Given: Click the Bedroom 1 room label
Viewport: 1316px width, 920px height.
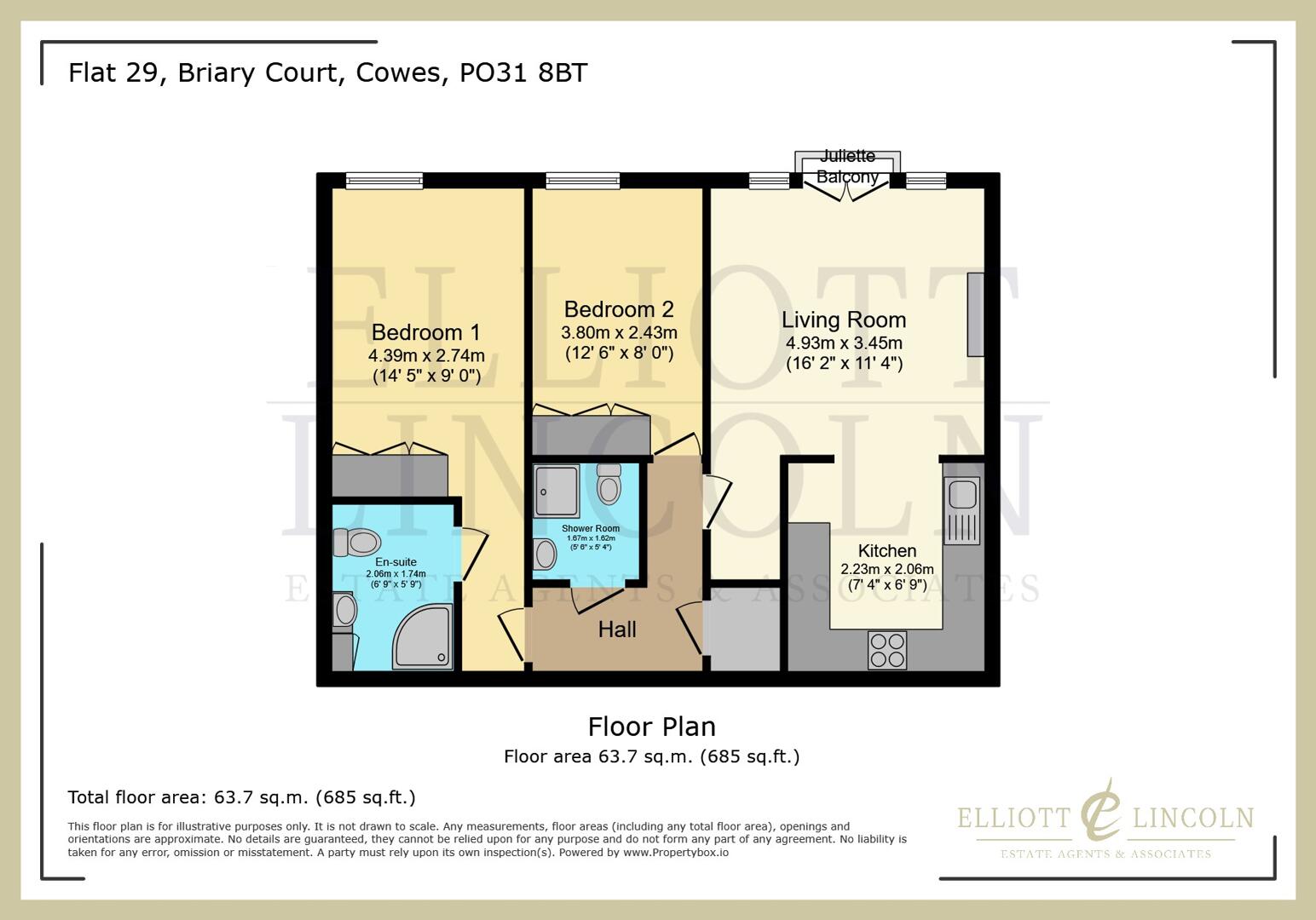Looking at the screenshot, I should click(425, 332).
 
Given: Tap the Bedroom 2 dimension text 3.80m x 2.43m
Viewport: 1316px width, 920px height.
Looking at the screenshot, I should click(619, 332).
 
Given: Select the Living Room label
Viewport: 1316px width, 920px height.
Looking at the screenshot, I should click(843, 320).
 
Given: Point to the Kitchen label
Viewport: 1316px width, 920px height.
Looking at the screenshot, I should click(886, 551).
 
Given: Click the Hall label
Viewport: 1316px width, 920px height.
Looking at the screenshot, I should click(616, 630).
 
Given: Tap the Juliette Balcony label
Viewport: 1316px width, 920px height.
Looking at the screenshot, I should click(846, 166).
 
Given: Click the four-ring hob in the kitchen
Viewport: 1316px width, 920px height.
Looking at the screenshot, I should click(886, 650).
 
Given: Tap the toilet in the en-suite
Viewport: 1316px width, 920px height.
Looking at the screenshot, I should click(357, 542).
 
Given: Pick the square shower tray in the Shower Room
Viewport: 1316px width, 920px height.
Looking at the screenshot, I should click(557, 491).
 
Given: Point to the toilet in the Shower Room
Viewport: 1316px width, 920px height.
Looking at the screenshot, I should click(609, 485).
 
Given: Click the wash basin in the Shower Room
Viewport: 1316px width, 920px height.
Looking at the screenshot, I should click(543, 555).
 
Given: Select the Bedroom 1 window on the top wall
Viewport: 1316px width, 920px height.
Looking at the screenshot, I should click(384, 181).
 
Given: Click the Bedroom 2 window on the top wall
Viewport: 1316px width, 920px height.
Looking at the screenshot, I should click(582, 181).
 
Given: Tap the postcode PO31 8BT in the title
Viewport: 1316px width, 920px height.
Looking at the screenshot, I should click(523, 72).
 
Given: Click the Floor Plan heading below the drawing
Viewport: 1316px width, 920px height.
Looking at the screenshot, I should click(651, 727).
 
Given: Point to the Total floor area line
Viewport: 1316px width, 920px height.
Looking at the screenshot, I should click(241, 797).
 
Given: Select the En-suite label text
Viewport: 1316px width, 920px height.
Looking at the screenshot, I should click(395, 562).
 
